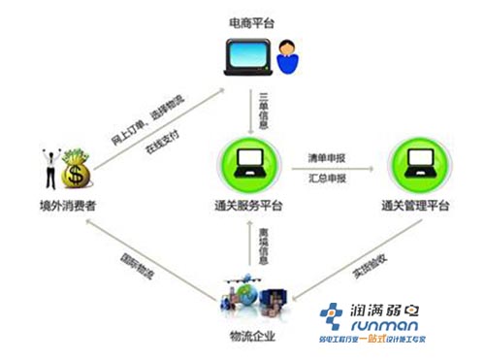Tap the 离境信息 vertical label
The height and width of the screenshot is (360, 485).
(263, 243)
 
